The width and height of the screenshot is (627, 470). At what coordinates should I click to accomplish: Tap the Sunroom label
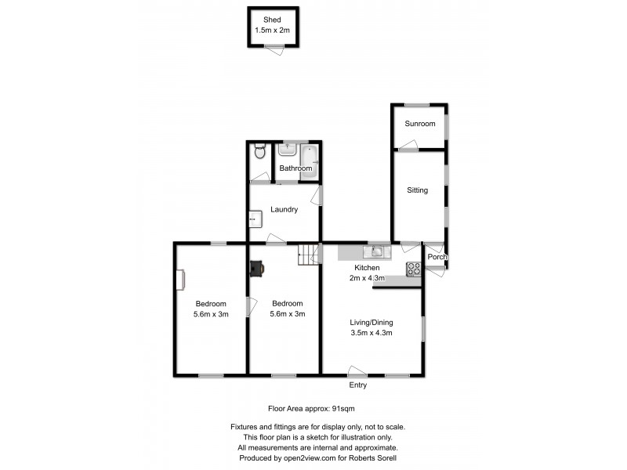coord(419,124)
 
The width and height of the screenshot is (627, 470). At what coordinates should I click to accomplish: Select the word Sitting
coord(417,190)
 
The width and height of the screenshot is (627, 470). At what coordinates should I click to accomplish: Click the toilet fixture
coord(260,153)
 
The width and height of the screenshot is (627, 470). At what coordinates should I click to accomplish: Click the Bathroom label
coord(296,168)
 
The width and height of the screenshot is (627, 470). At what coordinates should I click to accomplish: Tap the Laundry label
coord(283,209)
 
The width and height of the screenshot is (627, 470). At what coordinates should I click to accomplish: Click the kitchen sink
coord(377,251)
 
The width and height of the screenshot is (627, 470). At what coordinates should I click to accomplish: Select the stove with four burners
coord(413,269)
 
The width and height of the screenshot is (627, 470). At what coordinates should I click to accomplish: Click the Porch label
coord(437,257)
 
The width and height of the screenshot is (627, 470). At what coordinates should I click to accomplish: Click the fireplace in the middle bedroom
coord(256,269)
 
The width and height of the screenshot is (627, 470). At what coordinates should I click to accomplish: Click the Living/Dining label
coord(371,322)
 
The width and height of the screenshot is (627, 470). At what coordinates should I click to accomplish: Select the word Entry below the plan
coord(357,385)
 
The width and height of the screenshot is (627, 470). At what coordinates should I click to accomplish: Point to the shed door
coord(273,49)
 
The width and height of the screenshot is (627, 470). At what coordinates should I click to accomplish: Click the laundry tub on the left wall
coord(253,220)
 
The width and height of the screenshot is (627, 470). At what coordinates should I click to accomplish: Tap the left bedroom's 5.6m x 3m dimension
coord(211,314)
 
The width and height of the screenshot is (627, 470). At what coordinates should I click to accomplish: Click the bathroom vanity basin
coord(287,149)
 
